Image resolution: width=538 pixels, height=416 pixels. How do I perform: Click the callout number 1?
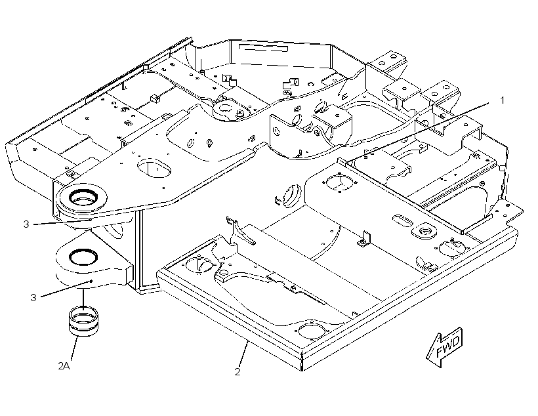(x=503, y=100)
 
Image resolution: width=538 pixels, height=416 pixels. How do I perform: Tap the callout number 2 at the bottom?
(x=238, y=372)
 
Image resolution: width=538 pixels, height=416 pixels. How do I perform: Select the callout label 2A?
(x=64, y=366)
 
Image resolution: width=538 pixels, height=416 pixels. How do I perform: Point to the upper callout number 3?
(x=26, y=224)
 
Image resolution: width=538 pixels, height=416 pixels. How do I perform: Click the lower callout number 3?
(x=33, y=297)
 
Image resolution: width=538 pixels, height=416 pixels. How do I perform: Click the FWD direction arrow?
(x=445, y=347)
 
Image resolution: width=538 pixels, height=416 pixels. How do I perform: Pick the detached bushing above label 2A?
(x=83, y=321)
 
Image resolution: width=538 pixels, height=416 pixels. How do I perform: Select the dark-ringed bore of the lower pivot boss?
(x=83, y=257)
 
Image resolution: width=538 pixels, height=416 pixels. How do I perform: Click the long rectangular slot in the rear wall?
(x=264, y=48)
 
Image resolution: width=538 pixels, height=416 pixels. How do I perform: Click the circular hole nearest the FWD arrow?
(x=312, y=331)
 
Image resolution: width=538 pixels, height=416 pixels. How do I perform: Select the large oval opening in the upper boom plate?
(x=154, y=168)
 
